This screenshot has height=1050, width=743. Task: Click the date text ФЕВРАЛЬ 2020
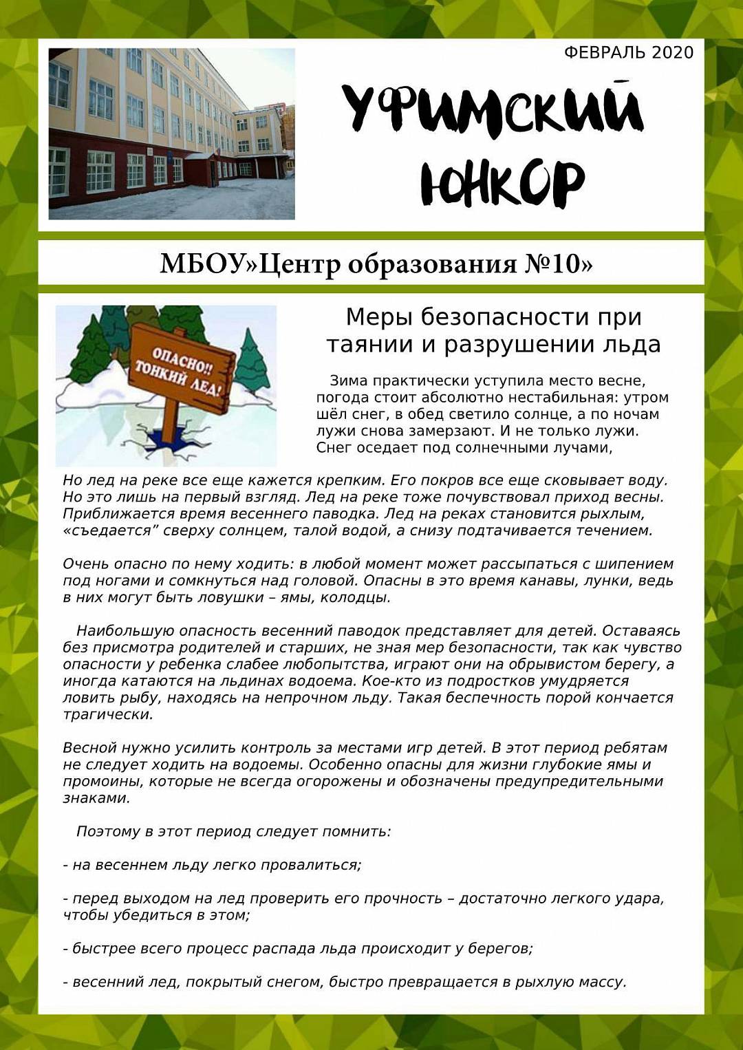tap(628, 53)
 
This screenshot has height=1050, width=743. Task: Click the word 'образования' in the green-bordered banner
tap(431, 264)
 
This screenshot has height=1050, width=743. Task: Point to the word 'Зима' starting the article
tap(349, 381)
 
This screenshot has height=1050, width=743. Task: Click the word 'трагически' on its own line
tap(107, 715)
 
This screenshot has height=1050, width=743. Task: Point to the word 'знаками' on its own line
tap(95, 799)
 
